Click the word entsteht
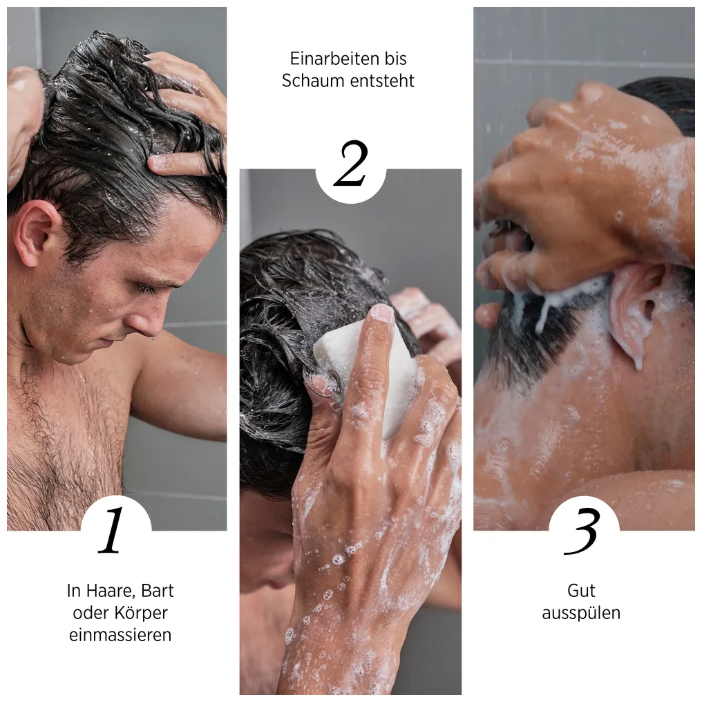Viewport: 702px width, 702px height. click(x=382, y=81)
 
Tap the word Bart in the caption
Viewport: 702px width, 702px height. click(x=158, y=591)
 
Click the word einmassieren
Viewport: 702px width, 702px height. click(x=120, y=635)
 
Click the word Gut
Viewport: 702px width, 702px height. click(x=581, y=591)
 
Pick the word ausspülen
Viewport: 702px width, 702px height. click(x=581, y=614)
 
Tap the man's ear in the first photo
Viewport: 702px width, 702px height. click(x=35, y=234)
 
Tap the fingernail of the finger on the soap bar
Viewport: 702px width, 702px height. click(x=381, y=314)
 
